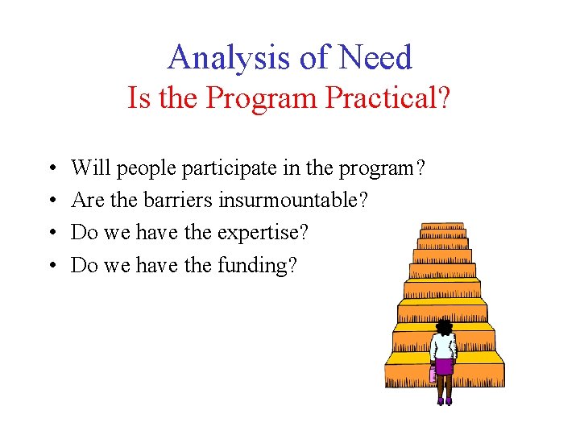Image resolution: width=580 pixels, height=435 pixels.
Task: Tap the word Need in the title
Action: tap(375, 58)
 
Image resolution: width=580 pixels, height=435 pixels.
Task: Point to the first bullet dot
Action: tap(51, 168)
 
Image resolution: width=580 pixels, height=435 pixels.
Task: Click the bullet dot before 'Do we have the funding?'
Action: tap(51, 265)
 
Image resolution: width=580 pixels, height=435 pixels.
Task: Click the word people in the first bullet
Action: tap(147, 168)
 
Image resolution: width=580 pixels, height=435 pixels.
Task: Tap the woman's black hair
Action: tap(444, 326)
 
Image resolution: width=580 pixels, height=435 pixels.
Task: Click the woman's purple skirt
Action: tap(444, 367)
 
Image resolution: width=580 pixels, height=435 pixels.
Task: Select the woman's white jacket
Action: tap(443, 346)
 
